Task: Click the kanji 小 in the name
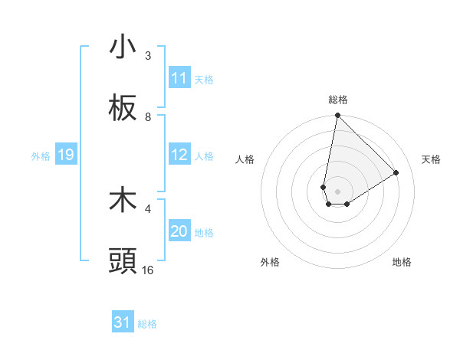click(x=123, y=47)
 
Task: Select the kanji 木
click(x=123, y=200)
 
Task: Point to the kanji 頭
click(x=123, y=261)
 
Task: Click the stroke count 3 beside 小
click(x=148, y=56)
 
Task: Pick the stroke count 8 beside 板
click(x=148, y=117)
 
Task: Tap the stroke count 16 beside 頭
click(x=148, y=270)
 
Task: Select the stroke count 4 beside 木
click(x=148, y=208)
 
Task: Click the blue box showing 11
click(x=179, y=78)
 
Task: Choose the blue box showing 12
click(x=179, y=155)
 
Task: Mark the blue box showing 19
click(x=65, y=155)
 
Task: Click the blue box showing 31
click(x=123, y=322)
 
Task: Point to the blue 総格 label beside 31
click(x=147, y=324)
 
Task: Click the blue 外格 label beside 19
click(x=41, y=156)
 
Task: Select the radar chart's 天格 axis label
click(x=431, y=159)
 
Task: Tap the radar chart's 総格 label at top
click(x=338, y=100)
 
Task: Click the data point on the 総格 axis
click(x=337, y=116)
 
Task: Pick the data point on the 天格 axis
click(x=396, y=172)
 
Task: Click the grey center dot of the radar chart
click(x=337, y=191)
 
